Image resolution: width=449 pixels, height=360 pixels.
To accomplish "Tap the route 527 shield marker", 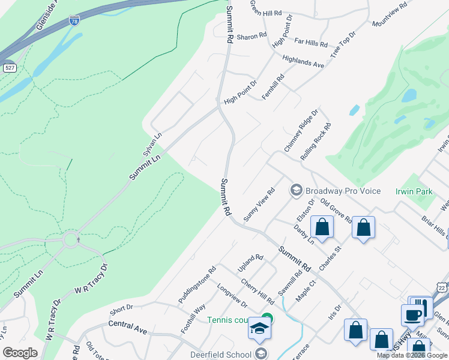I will pos(9,68).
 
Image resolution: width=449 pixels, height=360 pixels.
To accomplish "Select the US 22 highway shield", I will pos(442,288).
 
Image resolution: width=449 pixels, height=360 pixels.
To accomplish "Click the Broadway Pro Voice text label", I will pos(343,191).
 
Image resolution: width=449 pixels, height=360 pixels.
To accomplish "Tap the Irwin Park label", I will pos(414,191).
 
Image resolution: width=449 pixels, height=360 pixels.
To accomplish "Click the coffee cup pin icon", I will pos(412,316).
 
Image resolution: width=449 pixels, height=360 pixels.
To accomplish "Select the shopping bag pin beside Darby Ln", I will pos(322,227).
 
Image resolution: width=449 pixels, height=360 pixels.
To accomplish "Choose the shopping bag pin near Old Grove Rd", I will pos(363,227).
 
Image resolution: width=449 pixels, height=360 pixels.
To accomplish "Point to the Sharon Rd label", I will pos(251,37).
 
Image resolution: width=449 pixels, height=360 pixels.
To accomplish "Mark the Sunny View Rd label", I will pos(259,203).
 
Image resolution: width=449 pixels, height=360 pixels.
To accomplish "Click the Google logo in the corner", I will pos(20,353).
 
